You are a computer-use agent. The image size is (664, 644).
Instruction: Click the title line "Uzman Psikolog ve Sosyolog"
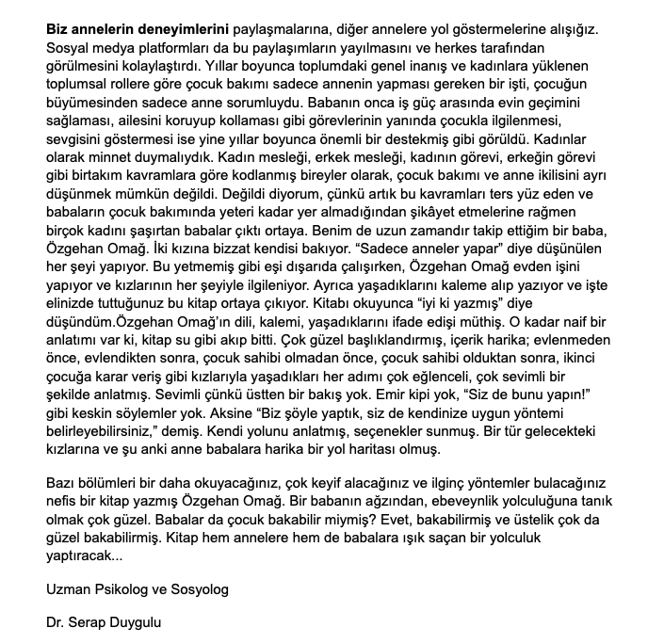[x=137, y=589]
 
